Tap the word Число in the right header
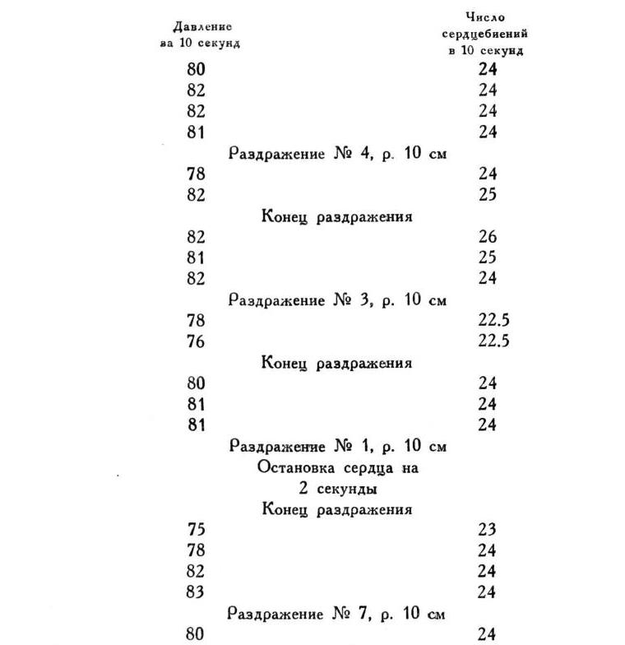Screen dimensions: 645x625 pos(485,16)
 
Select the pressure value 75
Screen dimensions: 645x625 pos(197,530)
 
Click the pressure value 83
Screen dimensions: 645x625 pos(197,592)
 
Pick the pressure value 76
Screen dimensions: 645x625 pos(197,341)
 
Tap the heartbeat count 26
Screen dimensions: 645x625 pos(488,237)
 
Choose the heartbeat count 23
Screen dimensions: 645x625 pos(488,530)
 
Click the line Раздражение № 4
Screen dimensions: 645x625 pos(337,153)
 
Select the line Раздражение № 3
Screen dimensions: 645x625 pos(337,299)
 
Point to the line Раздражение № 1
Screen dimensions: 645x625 pos(337,447)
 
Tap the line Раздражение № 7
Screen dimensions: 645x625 pos(337,614)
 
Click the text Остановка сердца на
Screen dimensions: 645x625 pos(337,468)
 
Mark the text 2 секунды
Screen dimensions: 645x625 pos(337,489)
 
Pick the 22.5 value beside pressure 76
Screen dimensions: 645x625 pos(493,341)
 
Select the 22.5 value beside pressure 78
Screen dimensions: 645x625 pos(493,321)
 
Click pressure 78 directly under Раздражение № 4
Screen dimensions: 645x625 pos(197,174)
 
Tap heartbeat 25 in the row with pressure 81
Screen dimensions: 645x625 pos(488,258)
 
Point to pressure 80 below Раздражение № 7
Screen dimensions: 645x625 pos(197,634)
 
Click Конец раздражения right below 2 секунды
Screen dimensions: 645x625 pos(337,509)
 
